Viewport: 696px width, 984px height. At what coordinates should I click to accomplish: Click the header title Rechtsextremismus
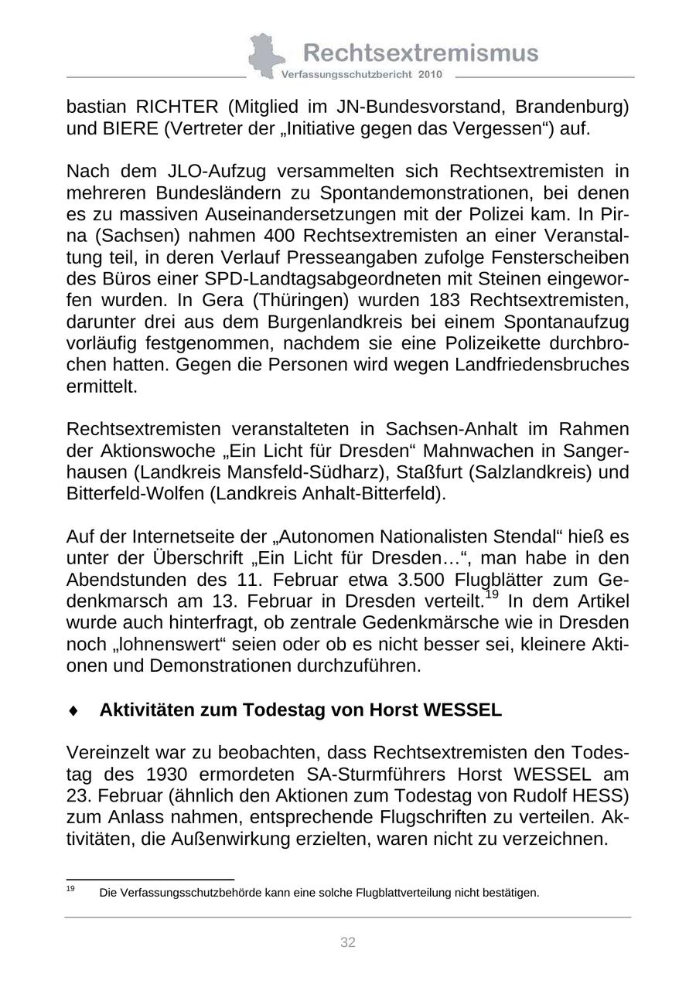coord(420,53)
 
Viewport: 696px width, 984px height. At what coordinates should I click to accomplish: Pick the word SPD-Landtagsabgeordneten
coord(288,278)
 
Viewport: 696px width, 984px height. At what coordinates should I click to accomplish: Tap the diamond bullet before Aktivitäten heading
coord(73,710)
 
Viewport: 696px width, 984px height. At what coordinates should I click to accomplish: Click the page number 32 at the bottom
coord(348,942)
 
